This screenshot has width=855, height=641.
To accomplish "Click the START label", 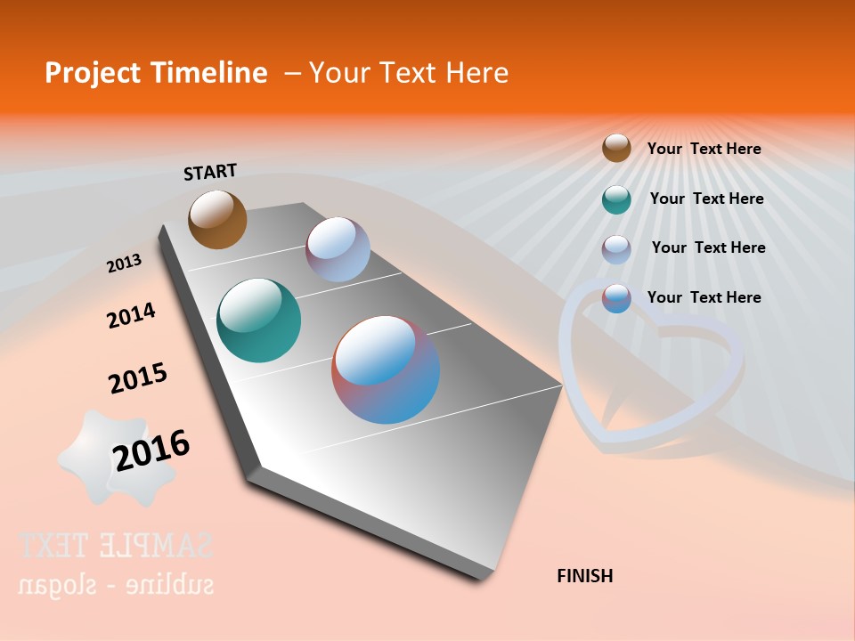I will (210, 171).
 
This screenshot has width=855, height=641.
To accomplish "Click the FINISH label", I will (584, 576).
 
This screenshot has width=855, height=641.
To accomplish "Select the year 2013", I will (124, 263).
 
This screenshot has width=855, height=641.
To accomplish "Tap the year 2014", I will (131, 315).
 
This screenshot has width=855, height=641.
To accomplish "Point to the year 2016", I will (151, 450).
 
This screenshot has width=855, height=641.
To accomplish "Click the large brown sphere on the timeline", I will (217, 219).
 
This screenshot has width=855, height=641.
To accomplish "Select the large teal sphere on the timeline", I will (258, 320).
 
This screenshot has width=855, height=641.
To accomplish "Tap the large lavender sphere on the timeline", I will (338, 249).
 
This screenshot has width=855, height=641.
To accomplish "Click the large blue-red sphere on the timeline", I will (386, 369).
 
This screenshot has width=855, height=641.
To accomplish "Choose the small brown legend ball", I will (616, 148).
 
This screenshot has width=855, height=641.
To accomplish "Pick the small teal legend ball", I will (616, 199).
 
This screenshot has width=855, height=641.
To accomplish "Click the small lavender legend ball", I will (616, 248).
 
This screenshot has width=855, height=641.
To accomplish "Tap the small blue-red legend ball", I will (616, 298).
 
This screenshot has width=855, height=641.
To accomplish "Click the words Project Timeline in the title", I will (156, 73).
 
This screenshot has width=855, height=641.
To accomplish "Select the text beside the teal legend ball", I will (706, 199).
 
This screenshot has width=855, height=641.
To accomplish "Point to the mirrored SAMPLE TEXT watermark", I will (116, 545).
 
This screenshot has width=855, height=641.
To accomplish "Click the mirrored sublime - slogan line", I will (116, 585).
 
